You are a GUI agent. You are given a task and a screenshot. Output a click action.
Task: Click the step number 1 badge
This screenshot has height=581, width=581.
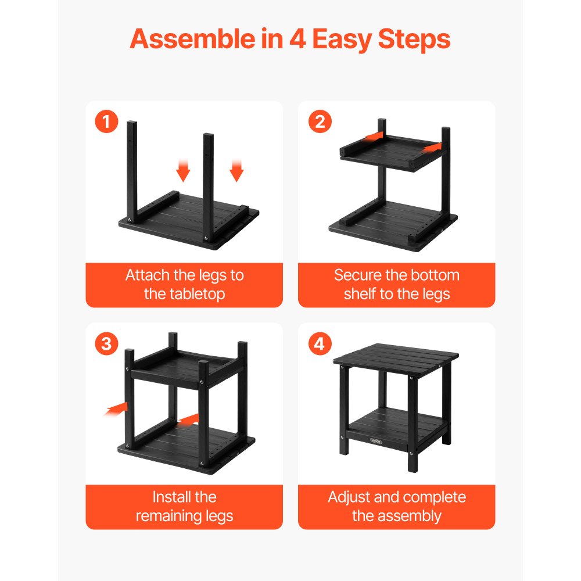(106, 123)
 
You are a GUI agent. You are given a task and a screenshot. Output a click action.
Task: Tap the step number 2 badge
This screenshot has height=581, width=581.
(319, 123)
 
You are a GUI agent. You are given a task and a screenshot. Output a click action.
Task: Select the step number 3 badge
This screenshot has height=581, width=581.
(106, 344)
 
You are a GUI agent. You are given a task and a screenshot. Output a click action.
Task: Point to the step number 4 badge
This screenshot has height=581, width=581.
(319, 344)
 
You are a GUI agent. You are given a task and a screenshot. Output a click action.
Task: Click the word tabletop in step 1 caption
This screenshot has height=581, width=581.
(184, 294)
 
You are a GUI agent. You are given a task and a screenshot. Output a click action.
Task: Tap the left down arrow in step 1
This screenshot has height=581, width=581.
(184, 171)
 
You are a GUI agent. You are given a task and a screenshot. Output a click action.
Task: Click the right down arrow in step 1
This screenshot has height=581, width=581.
(236, 171)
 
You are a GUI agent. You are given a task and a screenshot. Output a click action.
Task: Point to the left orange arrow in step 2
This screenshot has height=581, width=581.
(372, 136)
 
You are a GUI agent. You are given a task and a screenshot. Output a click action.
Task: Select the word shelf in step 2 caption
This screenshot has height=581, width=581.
(360, 294)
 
